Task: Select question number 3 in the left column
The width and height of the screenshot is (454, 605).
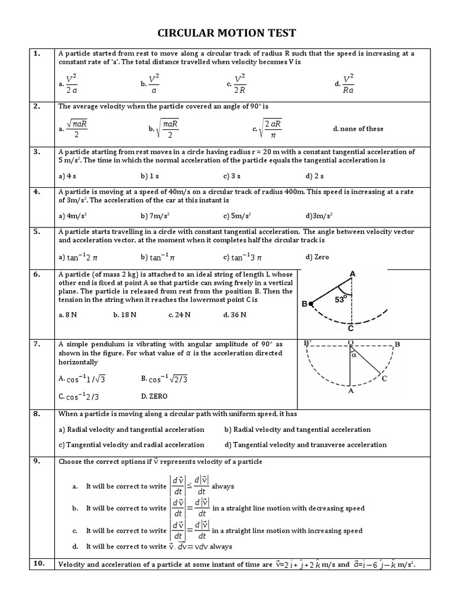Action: click(37, 152)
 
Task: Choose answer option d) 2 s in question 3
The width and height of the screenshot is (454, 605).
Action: click(314, 176)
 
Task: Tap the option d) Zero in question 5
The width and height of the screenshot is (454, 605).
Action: click(317, 257)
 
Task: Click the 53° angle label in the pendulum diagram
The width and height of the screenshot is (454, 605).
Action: click(340, 300)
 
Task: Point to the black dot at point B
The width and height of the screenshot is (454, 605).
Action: click(312, 304)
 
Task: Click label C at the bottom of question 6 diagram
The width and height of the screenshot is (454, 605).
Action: click(351, 329)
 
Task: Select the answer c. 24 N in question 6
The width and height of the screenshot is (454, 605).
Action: click(179, 315)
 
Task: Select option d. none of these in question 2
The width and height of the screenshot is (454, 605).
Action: click(358, 129)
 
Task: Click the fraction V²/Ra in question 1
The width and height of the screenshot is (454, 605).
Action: click(348, 84)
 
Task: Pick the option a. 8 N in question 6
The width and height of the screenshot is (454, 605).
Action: click(68, 315)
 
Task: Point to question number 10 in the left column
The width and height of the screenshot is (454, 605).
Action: click(38, 564)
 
